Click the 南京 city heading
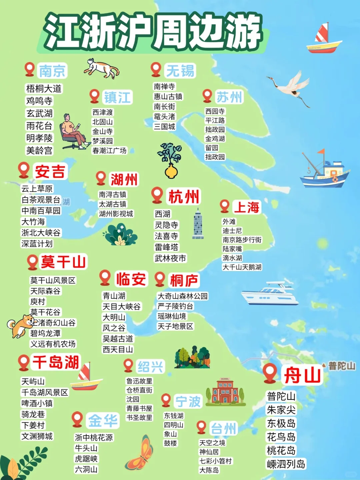[53, 71]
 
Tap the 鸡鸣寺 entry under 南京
[39, 101]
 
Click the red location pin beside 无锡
[156, 69]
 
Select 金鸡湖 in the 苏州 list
[215, 139]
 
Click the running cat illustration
[102, 68]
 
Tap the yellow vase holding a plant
[171, 170]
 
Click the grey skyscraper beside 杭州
[198, 224]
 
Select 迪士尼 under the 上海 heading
[232, 231]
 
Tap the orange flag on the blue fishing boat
[321, 152]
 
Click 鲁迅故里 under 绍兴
[139, 381]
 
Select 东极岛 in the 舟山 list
[281, 423]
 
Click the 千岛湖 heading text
[56, 362]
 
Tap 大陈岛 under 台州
[209, 470]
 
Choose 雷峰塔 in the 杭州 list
[166, 247]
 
